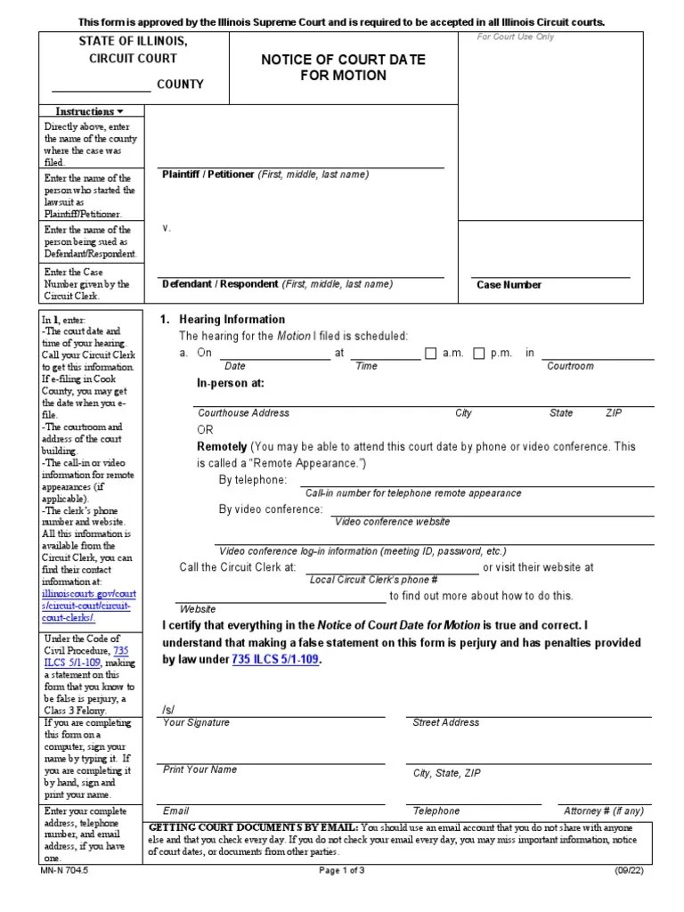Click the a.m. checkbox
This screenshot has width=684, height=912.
431,353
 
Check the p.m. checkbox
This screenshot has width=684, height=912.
479,353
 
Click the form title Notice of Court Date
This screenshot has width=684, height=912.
342,60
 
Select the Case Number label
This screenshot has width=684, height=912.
509,285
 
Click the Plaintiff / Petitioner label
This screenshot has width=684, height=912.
208,175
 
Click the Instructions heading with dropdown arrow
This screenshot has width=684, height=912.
89,111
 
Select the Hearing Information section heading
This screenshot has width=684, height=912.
232,319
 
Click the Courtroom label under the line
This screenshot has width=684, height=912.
570,366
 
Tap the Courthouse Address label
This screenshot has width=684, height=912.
243,413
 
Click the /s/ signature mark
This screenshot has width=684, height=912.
168,710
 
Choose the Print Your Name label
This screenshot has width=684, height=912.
199,769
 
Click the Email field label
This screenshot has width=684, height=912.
175,811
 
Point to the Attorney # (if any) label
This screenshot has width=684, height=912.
603,811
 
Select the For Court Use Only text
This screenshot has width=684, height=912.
515,37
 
